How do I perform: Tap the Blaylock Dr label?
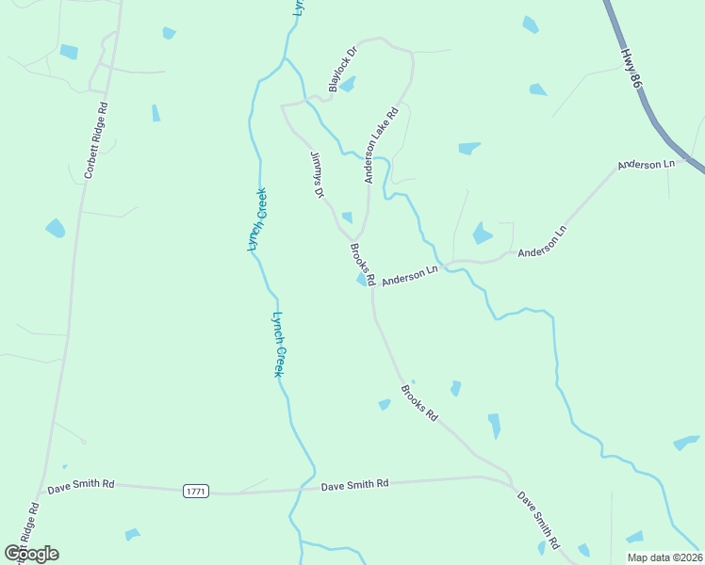coord(342,70)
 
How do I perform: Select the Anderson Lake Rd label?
coord(382,143)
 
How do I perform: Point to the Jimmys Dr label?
coord(318,175)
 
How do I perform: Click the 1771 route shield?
coord(195,491)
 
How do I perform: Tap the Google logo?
coord(32,553)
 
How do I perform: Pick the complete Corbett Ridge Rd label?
coord(97,141)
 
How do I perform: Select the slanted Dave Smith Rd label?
coord(538,519)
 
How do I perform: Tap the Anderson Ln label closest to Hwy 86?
coord(647,165)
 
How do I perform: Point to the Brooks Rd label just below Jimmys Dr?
coord(363,265)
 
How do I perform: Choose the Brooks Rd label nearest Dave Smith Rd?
coord(419,402)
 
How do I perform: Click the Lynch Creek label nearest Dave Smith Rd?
coord(278,345)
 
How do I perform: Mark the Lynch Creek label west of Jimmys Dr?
coord(256,218)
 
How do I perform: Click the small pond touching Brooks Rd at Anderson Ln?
coord(362,280)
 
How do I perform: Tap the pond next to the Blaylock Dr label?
coord(348,85)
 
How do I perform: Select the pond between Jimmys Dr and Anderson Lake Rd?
coord(347,218)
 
